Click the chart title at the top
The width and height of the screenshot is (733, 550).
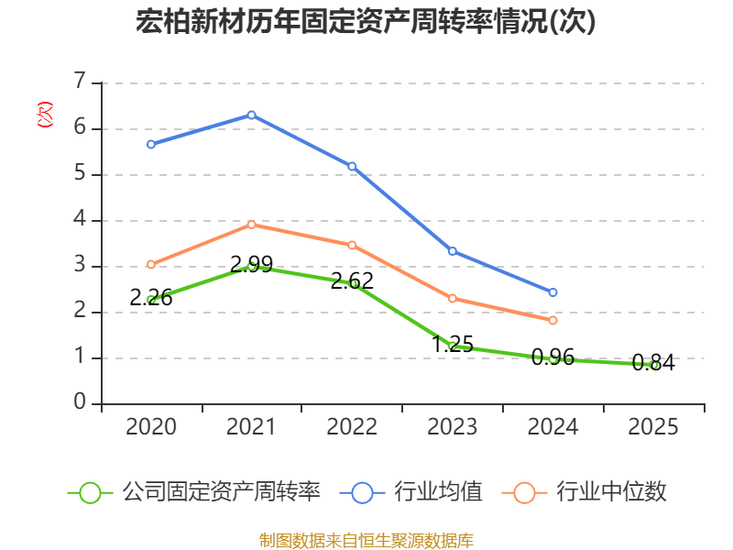366,21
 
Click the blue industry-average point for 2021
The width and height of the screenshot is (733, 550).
251,115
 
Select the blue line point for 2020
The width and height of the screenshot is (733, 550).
150,144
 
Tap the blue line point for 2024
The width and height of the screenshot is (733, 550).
553,292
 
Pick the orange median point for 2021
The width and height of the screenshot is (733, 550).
251,224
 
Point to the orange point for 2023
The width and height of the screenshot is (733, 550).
453,298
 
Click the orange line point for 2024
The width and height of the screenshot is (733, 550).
553,320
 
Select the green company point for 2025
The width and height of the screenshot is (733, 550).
653,365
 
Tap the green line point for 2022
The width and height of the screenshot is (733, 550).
353,283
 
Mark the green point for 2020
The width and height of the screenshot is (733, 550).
151,300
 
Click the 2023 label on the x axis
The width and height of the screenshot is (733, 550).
453,427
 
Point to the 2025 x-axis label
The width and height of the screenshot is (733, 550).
653,427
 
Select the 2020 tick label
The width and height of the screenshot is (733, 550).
151,427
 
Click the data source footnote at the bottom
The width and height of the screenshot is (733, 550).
366,540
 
